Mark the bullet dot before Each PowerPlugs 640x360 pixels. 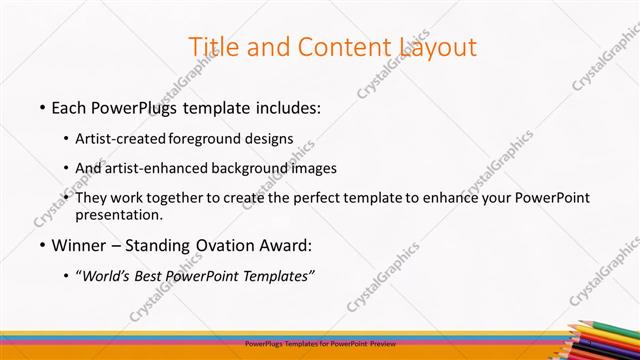(x=42, y=107)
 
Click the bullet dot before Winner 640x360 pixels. (x=42, y=245)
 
